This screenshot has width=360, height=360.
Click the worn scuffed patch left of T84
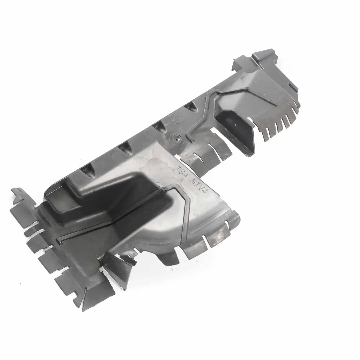(x=157, y=167)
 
